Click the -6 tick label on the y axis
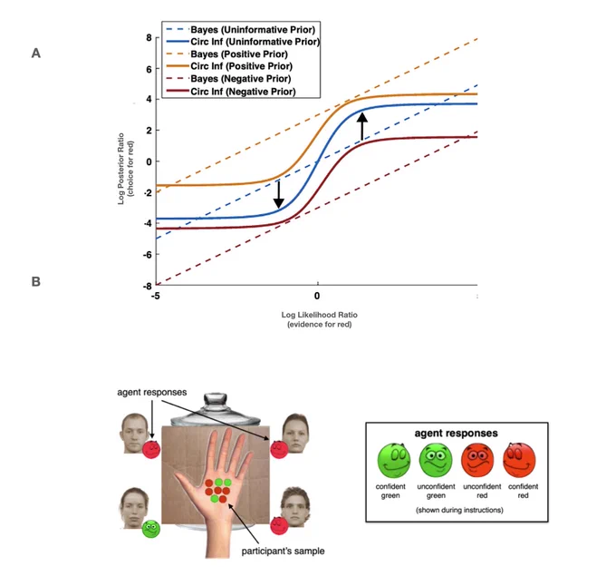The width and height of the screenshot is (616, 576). pos(147,255)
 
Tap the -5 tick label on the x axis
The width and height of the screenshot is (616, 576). pos(156,296)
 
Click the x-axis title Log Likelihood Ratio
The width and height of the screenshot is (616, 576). pos(320,315)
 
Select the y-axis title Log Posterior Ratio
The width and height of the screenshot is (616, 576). pos(121,169)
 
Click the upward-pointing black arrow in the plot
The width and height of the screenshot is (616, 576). pos(362,126)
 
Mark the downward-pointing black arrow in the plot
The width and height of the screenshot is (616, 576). pos(278,194)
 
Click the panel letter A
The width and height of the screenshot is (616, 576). pos(36,54)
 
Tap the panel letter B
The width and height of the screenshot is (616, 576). pos(35,282)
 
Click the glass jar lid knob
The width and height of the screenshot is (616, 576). pos(216,398)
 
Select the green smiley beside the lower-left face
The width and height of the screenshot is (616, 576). pos(151,529)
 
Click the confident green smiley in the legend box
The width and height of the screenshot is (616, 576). pos(394,460)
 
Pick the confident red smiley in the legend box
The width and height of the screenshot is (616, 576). pos(519,460)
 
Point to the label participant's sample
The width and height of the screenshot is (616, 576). pos(283,551)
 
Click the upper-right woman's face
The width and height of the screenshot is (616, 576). pos(296,433)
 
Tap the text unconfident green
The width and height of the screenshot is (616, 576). pos(436,491)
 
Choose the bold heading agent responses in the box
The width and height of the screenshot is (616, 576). pos(456,434)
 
